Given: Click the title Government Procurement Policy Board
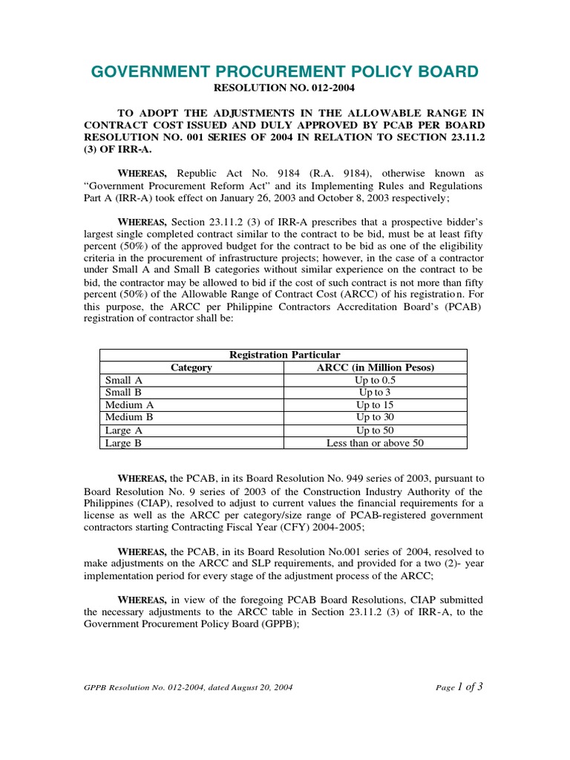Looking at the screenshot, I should click(285, 71).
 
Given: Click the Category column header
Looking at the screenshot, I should click(191, 367).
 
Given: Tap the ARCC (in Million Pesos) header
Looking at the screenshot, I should click(376, 367).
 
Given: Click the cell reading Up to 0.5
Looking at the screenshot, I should click(376, 380).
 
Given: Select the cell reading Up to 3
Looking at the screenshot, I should click(376, 393).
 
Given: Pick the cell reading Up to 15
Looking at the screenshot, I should click(376, 405).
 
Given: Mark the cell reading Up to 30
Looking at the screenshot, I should click(376, 417).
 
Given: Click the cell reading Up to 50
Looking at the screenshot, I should click(376, 430).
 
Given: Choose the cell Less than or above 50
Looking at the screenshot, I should click(376, 443).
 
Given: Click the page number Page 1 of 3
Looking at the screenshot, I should click(460, 687).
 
